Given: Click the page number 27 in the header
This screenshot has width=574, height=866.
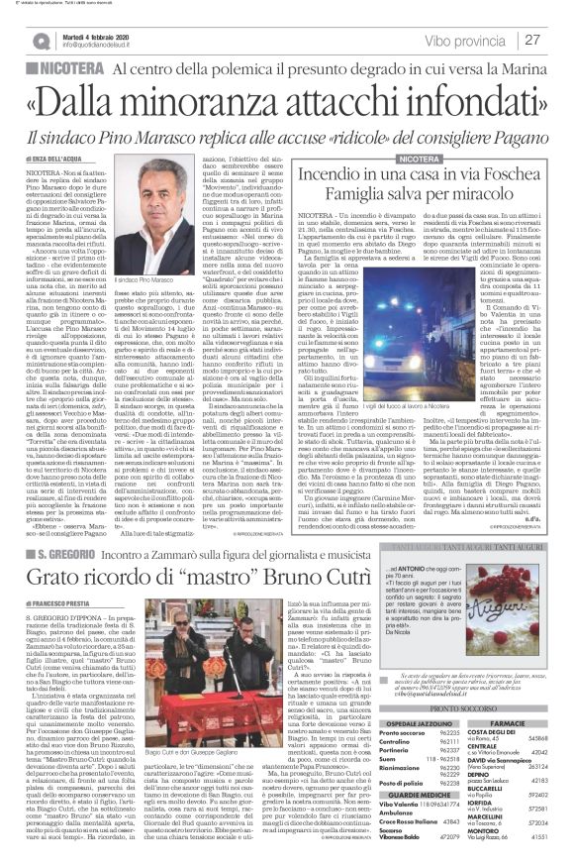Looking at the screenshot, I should point(557,39).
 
